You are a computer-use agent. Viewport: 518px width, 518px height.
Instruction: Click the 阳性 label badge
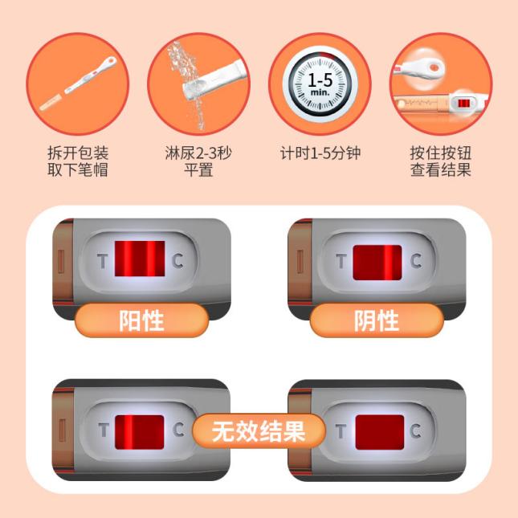coord(141,320)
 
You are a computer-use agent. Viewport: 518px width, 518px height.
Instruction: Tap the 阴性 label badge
coord(377,320)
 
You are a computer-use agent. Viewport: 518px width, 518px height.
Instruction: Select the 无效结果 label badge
coord(259,431)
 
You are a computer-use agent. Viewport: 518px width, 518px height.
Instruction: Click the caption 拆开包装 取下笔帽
coord(78,161)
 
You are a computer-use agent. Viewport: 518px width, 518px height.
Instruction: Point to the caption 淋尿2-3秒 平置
coord(198,161)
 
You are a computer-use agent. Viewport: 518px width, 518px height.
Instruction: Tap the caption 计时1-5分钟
coord(320,153)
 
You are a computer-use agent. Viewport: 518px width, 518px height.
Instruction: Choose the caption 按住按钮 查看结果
coord(441,161)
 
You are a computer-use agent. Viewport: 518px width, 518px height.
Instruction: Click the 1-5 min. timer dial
coord(320,84)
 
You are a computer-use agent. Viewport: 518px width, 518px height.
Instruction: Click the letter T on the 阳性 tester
coord(103,261)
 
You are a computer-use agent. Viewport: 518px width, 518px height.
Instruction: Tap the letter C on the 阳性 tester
coord(177,261)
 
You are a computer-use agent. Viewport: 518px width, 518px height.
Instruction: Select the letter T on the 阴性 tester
coord(341,261)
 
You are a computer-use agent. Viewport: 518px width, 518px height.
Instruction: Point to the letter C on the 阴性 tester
coord(416,261)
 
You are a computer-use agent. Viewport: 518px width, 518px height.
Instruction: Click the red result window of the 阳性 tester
coord(140,259)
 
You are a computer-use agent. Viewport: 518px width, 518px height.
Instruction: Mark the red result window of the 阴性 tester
coord(377,263)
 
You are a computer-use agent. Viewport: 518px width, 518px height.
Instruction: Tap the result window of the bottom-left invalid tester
coord(140,432)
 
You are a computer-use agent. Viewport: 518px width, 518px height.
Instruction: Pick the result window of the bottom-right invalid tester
coord(380,432)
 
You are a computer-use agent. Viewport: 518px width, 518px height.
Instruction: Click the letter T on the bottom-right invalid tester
coord(341,431)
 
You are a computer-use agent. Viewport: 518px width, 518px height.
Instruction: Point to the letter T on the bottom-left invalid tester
coord(104,430)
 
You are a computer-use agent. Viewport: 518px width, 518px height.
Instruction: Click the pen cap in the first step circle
coord(51,103)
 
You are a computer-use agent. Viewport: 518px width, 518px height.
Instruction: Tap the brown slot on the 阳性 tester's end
coord(61,261)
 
